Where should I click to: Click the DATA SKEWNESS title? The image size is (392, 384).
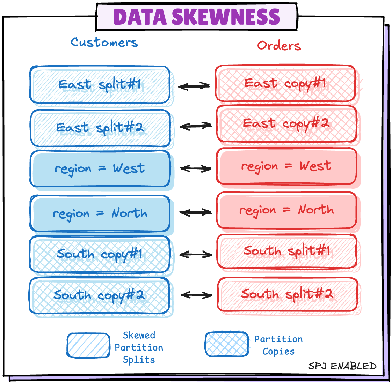(197, 17)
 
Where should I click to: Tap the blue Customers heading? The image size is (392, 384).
(104, 42)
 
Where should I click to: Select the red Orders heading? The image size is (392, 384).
(279, 45)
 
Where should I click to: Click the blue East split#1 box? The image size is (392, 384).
(100, 85)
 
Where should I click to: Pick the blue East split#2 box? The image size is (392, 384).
(100, 128)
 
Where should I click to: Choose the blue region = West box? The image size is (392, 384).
(100, 169)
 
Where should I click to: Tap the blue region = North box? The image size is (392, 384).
(100, 213)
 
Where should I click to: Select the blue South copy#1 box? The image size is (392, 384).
(100, 254)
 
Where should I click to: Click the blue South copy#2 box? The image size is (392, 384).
(100, 295)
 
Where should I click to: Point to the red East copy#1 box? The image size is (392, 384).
(285, 83)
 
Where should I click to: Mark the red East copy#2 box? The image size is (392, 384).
(286, 124)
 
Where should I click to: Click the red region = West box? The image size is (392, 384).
(286, 166)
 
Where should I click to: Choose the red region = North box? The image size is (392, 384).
(286, 210)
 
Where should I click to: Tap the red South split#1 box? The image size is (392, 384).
(287, 251)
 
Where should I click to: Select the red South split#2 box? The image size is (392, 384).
(287, 294)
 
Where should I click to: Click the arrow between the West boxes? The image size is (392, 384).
(196, 169)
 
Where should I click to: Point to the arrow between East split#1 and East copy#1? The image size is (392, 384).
(194, 86)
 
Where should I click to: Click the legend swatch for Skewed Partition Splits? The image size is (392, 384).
(88, 345)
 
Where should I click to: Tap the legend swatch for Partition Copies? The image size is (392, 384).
(226, 344)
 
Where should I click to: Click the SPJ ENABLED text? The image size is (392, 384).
(342, 366)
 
